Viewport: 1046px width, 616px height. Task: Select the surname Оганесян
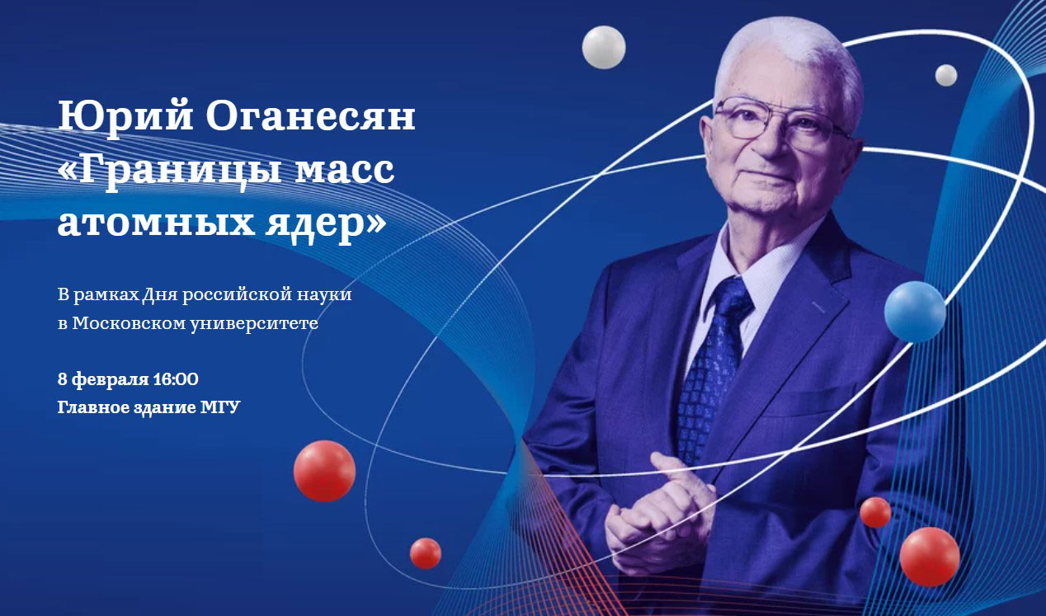pos(310,115)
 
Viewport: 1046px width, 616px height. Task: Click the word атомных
pos(156,223)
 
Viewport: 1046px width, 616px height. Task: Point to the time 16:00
pos(176,379)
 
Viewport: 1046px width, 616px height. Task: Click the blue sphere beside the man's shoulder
pos(915,312)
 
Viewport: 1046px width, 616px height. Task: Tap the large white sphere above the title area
pos(604,48)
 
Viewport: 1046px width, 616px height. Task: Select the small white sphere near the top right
pos(946,75)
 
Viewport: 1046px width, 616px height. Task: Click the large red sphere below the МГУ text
pos(324,471)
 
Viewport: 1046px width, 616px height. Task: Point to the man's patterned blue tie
pos(712,369)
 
